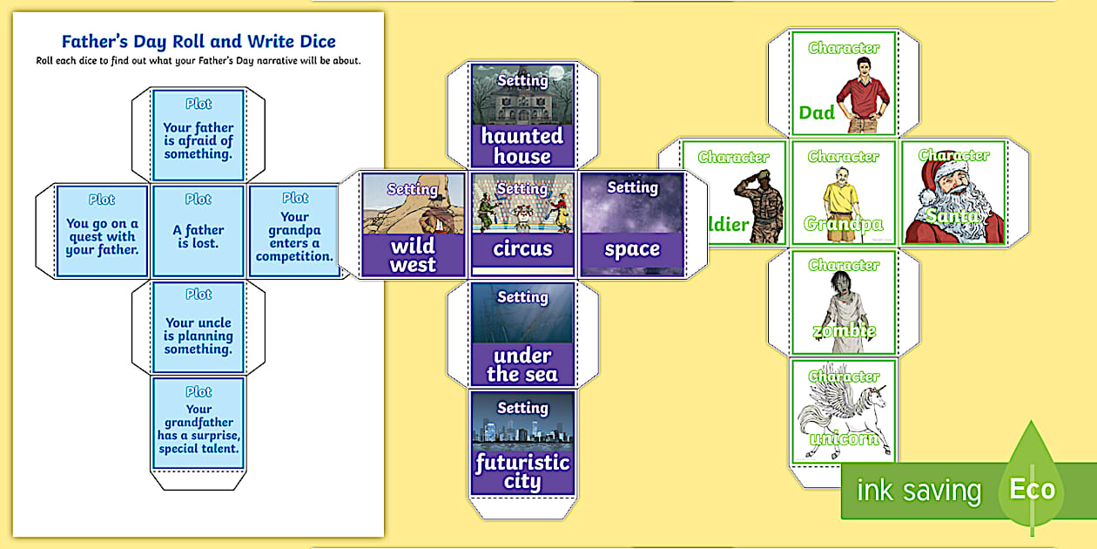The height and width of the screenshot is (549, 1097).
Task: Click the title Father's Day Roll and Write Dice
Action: point(199,41)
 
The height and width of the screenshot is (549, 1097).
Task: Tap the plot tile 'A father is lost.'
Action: point(199,232)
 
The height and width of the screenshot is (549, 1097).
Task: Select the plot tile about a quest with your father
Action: point(102,232)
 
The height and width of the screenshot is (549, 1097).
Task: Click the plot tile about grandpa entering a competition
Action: point(294,232)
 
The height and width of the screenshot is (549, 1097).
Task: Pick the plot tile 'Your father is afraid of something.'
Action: point(199,135)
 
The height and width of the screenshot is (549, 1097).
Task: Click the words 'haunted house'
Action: point(522,146)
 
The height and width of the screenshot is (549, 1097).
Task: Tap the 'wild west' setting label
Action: point(413,255)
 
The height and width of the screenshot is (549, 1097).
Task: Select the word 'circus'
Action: point(522,248)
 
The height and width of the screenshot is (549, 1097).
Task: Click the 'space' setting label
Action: point(632,249)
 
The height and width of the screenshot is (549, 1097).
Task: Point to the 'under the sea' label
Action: point(522,365)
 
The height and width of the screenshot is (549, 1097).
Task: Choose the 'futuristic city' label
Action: point(522,471)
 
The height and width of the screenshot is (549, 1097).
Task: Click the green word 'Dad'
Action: point(817,112)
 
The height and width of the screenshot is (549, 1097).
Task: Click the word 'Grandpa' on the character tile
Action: point(844,224)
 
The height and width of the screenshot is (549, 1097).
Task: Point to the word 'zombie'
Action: point(844,331)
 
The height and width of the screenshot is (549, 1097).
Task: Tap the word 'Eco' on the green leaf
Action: point(1032,489)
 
